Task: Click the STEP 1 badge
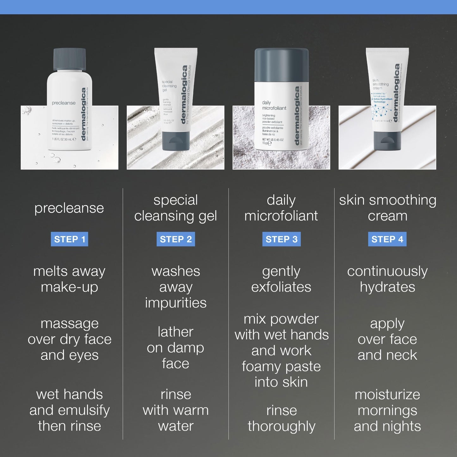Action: coord(70,239)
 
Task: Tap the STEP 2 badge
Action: coord(176,239)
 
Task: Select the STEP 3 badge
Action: coord(281,239)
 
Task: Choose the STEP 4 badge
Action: coord(387,239)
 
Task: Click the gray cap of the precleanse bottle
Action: coord(70,59)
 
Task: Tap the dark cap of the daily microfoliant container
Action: coord(281,65)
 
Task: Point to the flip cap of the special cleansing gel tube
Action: coord(176,141)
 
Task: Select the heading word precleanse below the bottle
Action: coord(69,208)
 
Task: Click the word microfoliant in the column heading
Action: coord(281,216)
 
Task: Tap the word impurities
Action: coord(176,303)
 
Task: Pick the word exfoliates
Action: coord(281,287)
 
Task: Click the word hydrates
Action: coord(387,287)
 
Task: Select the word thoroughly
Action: coord(281,426)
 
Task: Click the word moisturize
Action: coord(387,395)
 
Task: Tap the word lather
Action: coord(176,332)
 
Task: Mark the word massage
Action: coord(70,324)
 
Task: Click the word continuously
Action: coord(387,271)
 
